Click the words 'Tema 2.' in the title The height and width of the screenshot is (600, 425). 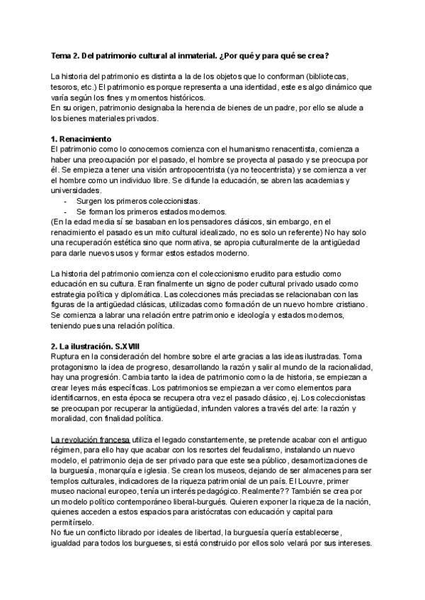point(67,56)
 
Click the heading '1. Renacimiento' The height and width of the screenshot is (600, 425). point(82,139)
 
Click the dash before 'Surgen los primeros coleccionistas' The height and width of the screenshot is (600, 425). point(66,202)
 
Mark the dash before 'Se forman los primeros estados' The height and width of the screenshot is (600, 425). point(66,212)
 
